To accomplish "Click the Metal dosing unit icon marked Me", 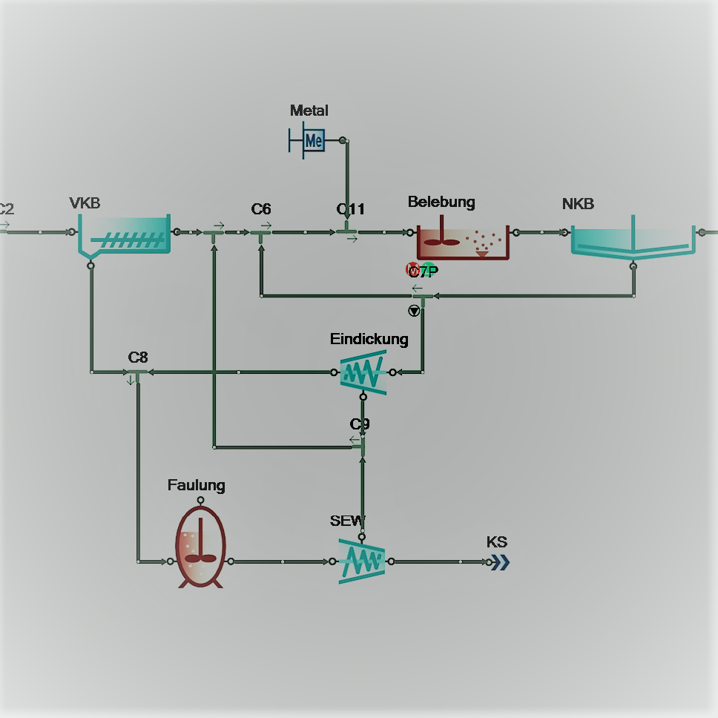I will click(313, 140).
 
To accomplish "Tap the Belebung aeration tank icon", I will click(463, 241).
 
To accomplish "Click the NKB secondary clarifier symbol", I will click(633, 240).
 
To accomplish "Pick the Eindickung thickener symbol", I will click(363, 372).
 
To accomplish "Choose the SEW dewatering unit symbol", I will click(362, 561).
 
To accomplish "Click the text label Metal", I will click(309, 111).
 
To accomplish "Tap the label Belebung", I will click(441, 202).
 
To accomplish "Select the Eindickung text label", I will click(369, 339).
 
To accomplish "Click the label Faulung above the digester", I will click(196, 485).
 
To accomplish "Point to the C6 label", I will click(261, 209).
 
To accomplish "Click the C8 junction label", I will click(138, 358).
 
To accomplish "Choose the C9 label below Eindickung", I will click(360, 424).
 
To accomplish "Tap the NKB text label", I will click(578, 204).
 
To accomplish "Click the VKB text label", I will click(85, 203).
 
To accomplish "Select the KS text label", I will click(497, 542).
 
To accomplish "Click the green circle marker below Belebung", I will click(429, 270).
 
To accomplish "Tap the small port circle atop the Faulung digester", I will click(200, 501).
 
